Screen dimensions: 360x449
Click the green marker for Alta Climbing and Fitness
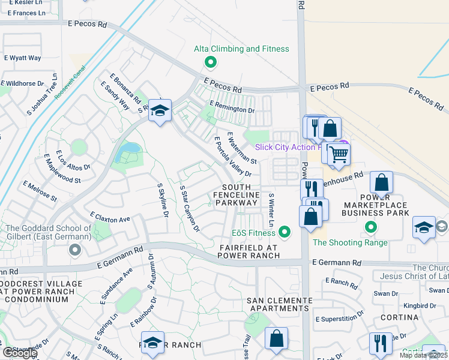click(210, 61)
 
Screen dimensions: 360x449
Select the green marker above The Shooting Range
click(371, 227)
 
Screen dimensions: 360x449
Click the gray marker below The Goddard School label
click(74, 249)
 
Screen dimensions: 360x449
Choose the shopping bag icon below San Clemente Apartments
click(276, 338)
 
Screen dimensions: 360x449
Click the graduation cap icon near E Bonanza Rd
click(160, 110)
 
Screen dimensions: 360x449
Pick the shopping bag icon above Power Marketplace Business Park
click(381, 182)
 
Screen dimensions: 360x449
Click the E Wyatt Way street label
click(22, 58)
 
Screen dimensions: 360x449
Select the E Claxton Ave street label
click(110, 217)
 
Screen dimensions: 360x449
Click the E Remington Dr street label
click(232, 109)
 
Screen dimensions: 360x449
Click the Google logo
click(19, 353)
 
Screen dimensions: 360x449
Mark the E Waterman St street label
click(242, 148)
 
